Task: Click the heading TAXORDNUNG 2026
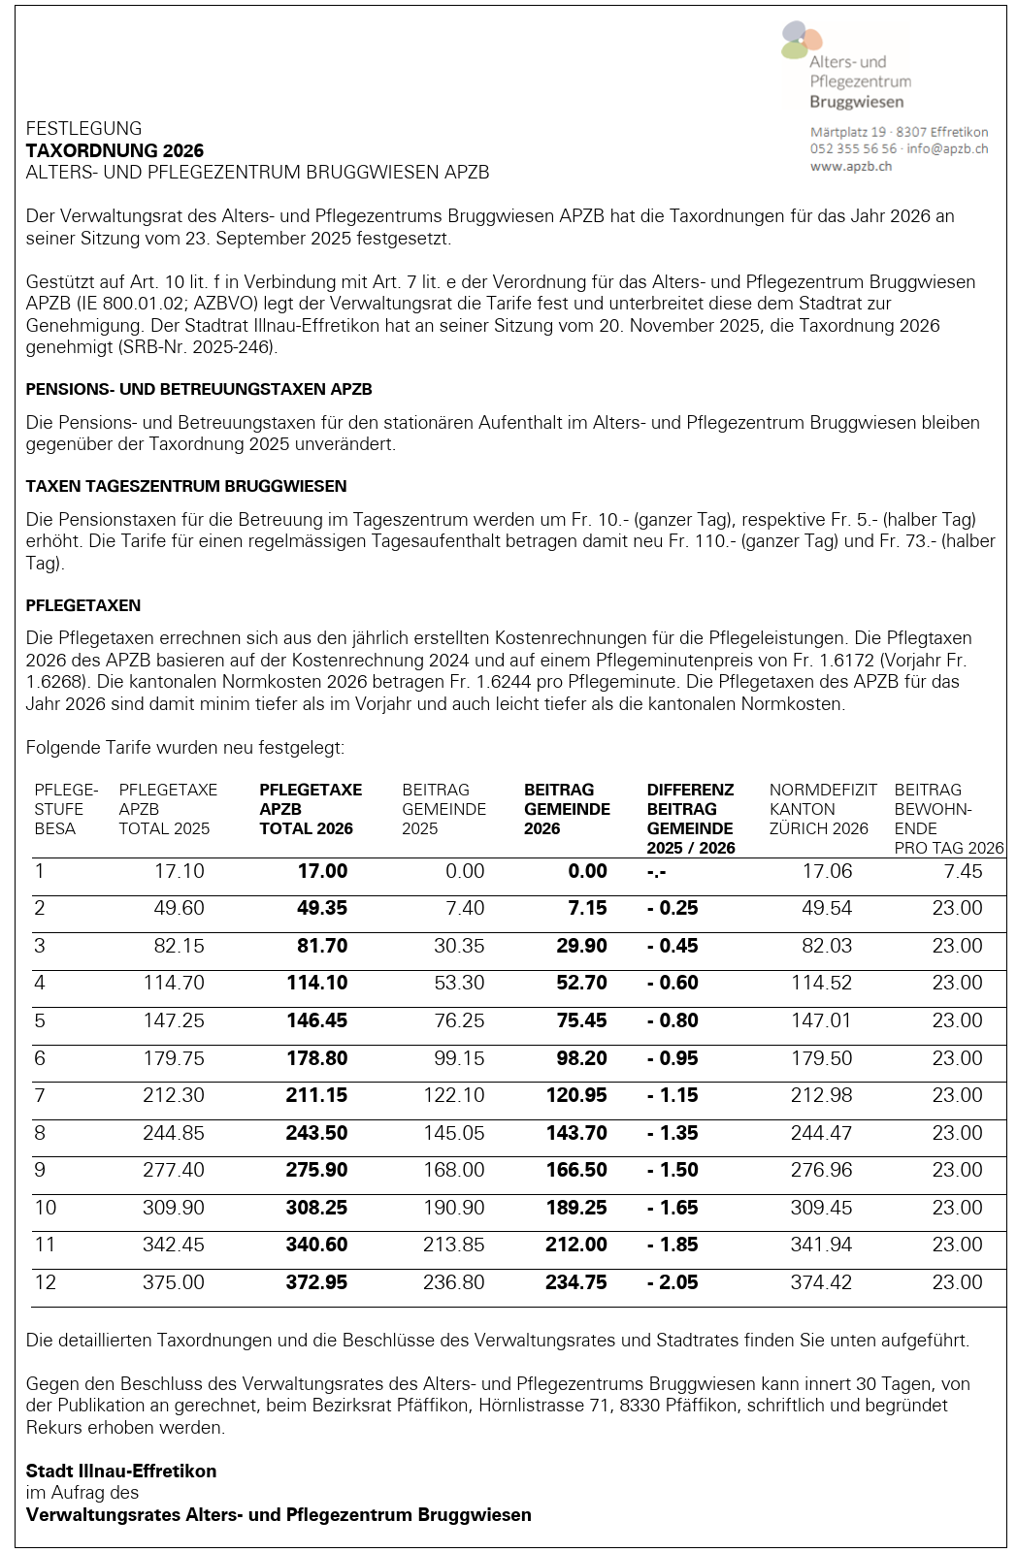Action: coord(115,150)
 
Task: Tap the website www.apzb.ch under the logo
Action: coord(850,166)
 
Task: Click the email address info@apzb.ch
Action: coord(947,148)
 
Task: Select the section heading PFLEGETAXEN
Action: coord(83,605)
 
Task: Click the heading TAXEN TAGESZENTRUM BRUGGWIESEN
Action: coord(186,486)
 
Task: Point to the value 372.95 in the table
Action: coord(316,1282)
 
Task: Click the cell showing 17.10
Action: coord(180,871)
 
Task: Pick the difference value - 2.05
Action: coord(673,1282)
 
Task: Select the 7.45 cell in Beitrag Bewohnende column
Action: coord(963,871)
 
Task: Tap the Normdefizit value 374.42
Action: coord(821,1282)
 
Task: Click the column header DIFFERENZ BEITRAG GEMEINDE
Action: coord(690,819)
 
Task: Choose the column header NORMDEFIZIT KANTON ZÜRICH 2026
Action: coord(822,809)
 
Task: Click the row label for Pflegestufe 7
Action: coord(40,1095)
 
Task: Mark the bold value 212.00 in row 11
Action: coord(576,1245)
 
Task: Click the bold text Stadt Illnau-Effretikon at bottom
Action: coord(121,1471)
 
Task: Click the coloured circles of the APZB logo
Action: coord(801,40)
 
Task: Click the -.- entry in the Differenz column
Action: coord(657,872)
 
